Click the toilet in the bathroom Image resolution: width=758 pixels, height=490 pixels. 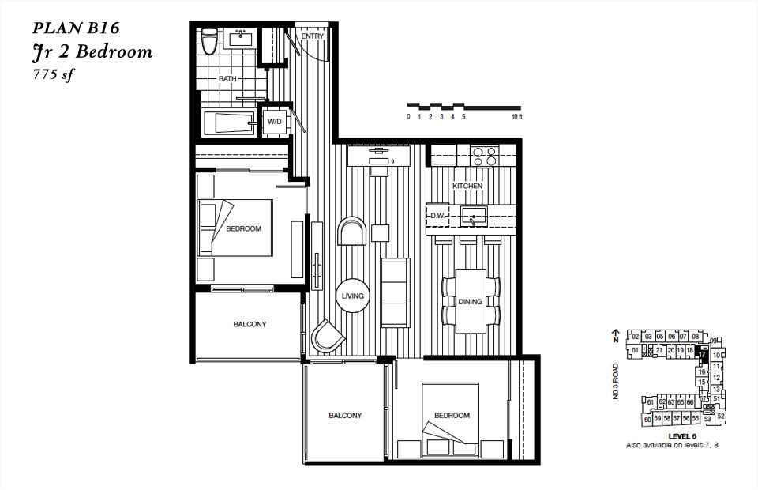(209, 42)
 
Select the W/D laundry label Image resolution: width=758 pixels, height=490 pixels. (275, 122)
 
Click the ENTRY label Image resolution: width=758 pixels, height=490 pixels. (313, 36)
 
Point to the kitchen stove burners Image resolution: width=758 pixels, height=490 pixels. (483, 156)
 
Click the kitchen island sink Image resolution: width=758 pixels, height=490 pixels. (474, 214)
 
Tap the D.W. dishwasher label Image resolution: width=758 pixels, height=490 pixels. (437, 215)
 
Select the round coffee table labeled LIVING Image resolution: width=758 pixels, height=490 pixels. (352, 296)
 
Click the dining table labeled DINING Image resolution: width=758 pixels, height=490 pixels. (471, 301)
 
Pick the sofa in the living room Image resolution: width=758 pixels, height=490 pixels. (396, 292)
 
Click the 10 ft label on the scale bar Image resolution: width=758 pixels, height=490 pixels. (517, 117)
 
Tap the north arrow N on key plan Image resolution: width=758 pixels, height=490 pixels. (615, 339)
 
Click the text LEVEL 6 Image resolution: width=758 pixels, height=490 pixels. (681, 436)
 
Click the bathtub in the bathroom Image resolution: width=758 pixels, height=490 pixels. (230, 123)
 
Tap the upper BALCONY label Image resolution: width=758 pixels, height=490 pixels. (250, 325)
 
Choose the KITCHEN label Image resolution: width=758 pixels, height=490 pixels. (467, 186)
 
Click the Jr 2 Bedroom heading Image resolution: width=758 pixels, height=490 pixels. (92, 53)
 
